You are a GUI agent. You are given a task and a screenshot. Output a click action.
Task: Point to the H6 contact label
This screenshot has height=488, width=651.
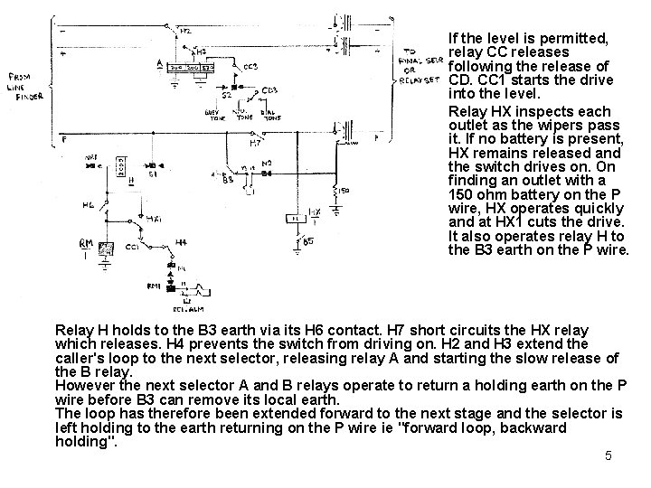click(88, 205)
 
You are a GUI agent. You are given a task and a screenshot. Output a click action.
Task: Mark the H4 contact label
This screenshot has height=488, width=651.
click(181, 241)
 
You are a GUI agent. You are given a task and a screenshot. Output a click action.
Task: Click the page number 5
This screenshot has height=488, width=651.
click(609, 455)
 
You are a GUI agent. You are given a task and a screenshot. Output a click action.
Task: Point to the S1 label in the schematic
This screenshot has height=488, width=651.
click(154, 174)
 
